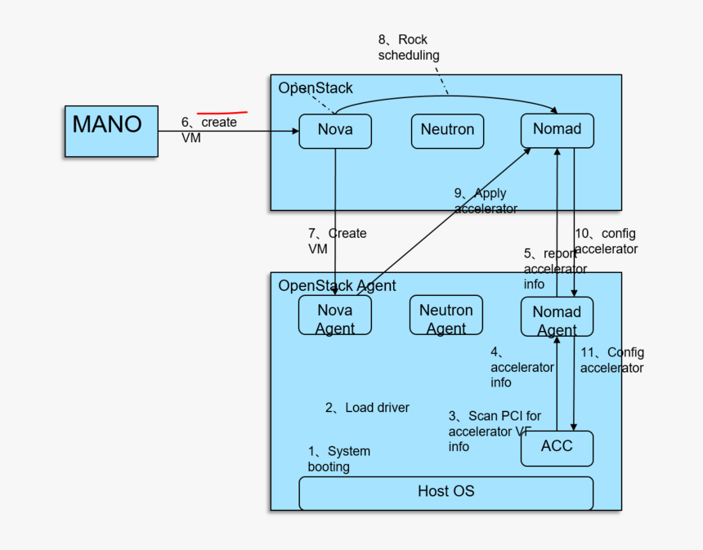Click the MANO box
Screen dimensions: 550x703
click(x=111, y=131)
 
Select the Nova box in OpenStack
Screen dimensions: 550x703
click(x=335, y=131)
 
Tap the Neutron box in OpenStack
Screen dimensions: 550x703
click(x=447, y=131)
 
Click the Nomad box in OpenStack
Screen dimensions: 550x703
click(x=557, y=130)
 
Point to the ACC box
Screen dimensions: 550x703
click(x=557, y=448)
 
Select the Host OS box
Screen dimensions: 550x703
click(x=446, y=492)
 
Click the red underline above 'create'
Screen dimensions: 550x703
click(x=222, y=112)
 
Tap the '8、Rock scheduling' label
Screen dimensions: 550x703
click(x=408, y=47)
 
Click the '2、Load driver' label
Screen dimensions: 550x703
click(x=367, y=408)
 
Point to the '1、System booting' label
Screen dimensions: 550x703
click(x=338, y=458)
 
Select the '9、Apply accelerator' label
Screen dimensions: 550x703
click(x=486, y=201)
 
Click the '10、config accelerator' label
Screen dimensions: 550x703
click(x=606, y=241)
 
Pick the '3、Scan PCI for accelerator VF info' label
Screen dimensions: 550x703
click(x=494, y=432)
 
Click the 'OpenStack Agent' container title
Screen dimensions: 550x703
click(x=337, y=285)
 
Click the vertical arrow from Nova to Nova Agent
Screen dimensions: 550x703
click(x=335, y=221)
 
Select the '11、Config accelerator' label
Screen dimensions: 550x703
click(x=611, y=360)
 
